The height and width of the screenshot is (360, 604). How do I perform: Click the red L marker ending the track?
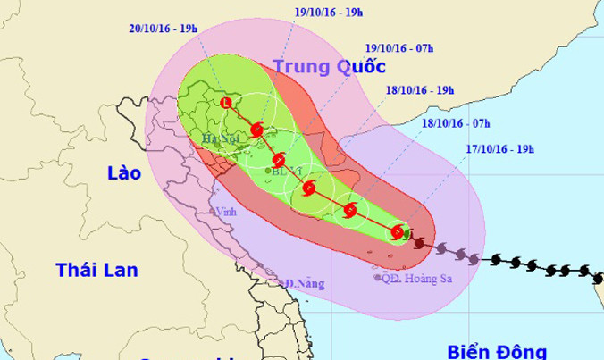pyautogui.click(x=225, y=105)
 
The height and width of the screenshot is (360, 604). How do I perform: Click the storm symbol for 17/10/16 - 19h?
pyautogui.click(x=398, y=233)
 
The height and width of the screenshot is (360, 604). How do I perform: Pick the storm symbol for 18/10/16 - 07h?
pyautogui.click(x=350, y=211)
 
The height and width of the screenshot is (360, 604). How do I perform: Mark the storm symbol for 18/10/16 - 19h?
pyautogui.click(x=309, y=188)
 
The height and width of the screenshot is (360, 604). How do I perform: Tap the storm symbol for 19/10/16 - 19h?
pyautogui.click(x=257, y=130)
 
